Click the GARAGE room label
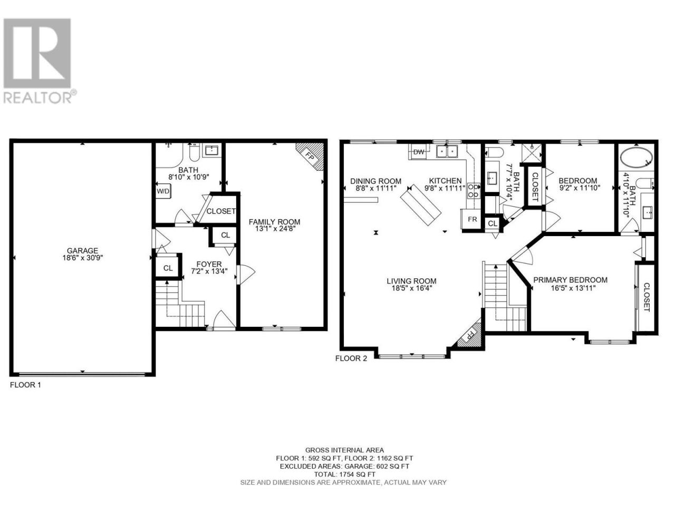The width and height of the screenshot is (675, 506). [82, 250]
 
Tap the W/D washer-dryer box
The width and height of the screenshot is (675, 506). [163, 191]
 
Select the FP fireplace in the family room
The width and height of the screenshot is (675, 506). [311, 157]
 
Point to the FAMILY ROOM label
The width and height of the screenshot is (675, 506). [274, 222]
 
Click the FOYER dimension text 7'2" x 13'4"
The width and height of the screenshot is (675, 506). [209, 271]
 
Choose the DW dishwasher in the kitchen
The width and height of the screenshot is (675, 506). [419, 152]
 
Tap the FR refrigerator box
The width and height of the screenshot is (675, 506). [472, 219]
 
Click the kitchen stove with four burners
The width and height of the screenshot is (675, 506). [474, 190]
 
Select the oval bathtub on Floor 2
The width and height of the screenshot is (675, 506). [637, 157]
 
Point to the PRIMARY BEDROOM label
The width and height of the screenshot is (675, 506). [570, 280]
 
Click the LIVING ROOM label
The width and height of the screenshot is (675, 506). [411, 281]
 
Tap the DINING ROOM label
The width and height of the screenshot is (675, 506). [376, 181]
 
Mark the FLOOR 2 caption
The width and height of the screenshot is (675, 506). [351, 358]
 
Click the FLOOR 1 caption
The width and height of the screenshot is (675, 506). [25, 385]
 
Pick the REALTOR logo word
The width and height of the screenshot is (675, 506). [37, 98]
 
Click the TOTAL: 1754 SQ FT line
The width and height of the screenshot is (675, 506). [345, 474]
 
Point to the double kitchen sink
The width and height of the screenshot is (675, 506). [447, 151]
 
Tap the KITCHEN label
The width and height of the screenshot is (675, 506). [445, 181]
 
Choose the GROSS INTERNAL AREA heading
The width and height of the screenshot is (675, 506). [345, 450]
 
